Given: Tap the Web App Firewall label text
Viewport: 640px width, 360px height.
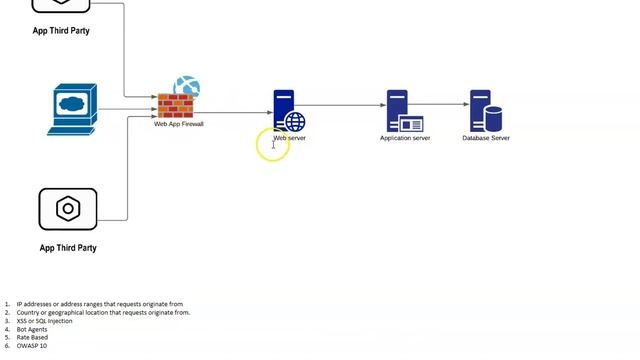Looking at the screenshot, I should pos(178,124).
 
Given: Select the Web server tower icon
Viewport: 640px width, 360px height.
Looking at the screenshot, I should pos(285,110).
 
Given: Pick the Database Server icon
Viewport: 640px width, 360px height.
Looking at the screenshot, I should pos(484,112).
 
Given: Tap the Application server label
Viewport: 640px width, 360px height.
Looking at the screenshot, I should pos(405,138).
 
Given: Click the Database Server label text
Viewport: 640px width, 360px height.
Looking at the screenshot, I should pos(486,138).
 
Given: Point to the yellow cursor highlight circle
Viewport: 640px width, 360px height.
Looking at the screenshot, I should pos(272,145).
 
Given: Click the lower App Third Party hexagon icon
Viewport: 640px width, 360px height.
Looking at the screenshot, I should pos(68,209).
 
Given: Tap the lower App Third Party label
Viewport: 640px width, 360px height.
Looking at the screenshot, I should pos(68,248).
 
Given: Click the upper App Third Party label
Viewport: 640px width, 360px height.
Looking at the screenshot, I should pos(61,31).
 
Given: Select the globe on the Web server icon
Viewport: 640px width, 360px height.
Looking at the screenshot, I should pos(295,122).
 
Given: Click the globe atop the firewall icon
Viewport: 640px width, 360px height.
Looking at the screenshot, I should pos(187,87).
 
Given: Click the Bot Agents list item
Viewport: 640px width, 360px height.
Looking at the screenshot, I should pos(32,329).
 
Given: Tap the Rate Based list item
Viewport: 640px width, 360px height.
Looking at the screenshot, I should pos(32,337).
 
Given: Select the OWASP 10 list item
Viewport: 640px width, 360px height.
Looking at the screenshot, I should pos(31,345).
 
